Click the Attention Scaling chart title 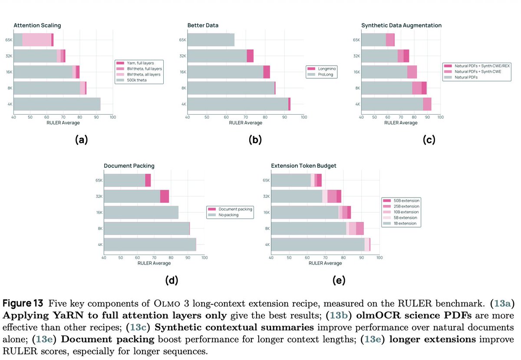coord(37,26)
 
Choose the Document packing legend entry coord(235,209)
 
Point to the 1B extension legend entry coord(405,223)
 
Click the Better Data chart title coord(203,26)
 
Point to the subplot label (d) coord(171,281)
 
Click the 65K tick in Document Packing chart coord(99,180)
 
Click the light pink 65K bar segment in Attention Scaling coord(36,40)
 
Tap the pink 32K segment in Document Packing coord(164,196)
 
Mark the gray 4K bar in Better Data coord(238,104)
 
